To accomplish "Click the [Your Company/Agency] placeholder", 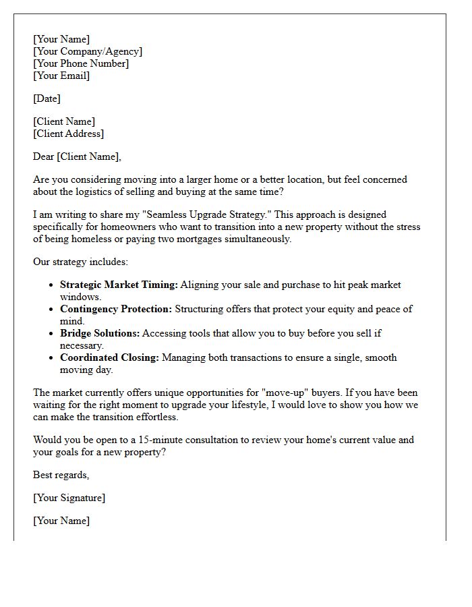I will [x=88, y=51].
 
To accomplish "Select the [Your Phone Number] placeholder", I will [x=81, y=63].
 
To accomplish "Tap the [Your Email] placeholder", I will [x=61, y=76].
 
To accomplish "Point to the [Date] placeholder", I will [x=47, y=98].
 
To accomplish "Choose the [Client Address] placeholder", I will [x=69, y=134].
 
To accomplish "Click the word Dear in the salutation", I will [x=44, y=156].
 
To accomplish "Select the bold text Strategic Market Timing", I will [x=119, y=285].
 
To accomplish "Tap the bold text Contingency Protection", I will [x=116, y=309].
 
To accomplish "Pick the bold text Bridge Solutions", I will [x=100, y=333].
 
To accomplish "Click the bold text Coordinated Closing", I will [x=109, y=357].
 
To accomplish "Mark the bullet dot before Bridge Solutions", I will [x=52, y=334].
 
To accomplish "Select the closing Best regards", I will [x=61, y=475].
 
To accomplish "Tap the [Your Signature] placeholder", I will [x=69, y=498].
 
